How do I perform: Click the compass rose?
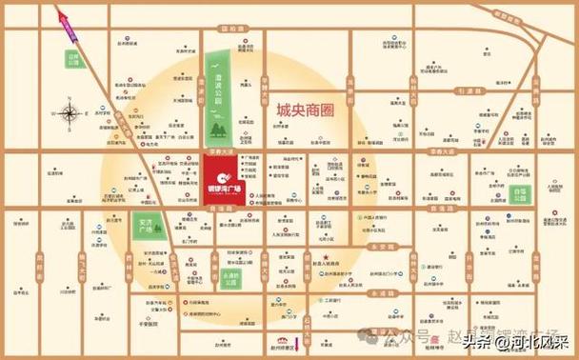[x=70, y=115]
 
